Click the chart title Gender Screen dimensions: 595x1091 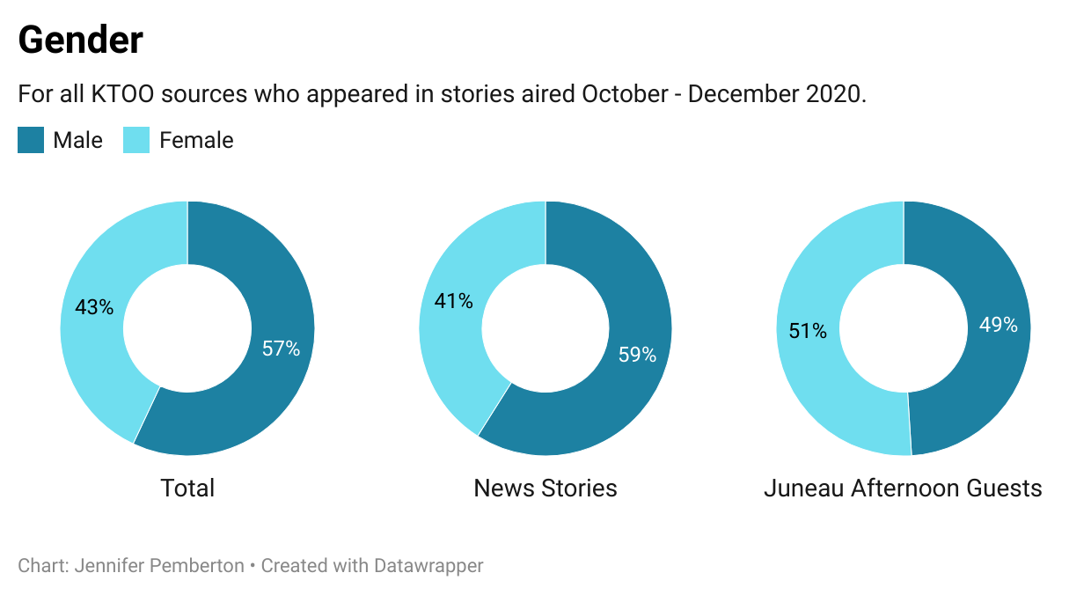tap(80, 40)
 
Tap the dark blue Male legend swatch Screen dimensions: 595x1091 tap(31, 140)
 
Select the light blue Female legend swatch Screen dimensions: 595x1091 tap(136, 140)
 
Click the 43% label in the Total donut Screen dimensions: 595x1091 tap(94, 307)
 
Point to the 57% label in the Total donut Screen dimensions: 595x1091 tap(281, 349)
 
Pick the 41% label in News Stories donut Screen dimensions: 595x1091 tap(453, 301)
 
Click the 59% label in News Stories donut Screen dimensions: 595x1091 tap(637, 355)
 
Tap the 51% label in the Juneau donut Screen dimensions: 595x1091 tap(807, 331)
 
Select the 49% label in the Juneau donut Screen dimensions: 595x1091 tap(998, 325)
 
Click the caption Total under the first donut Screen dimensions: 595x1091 tap(187, 488)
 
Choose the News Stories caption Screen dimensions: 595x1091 tap(545, 488)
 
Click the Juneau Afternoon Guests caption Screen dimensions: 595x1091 tap(903, 488)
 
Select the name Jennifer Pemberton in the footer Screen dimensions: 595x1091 tap(159, 565)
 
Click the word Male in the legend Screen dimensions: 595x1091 tap(77, 140)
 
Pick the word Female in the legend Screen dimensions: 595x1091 tap(196, 140)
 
